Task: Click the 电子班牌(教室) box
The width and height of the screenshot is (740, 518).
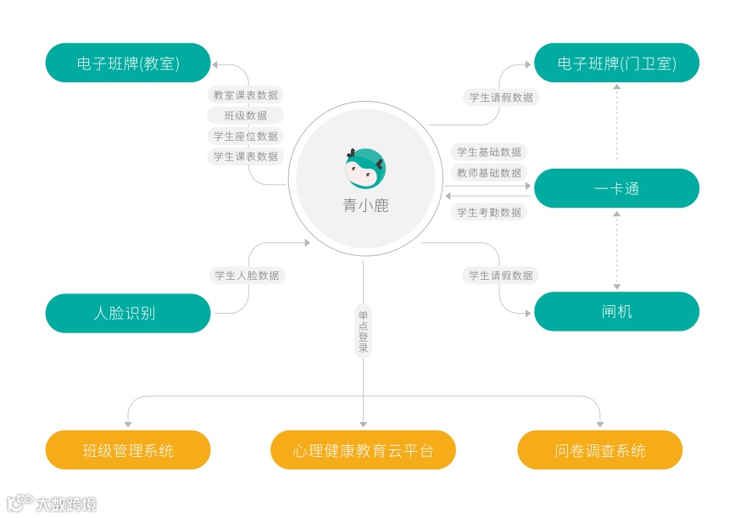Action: (128, 63)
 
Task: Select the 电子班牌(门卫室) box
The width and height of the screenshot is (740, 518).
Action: (616, 63)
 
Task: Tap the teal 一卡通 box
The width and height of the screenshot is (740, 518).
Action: (616, 188)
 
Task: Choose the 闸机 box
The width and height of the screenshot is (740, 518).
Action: (616, 311)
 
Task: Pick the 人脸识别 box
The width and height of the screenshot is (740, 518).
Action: (128, 313)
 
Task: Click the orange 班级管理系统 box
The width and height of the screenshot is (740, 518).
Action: (128, 450)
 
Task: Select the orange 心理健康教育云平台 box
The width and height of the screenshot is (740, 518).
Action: (363, 450)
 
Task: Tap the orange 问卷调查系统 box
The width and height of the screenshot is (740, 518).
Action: (600, 450)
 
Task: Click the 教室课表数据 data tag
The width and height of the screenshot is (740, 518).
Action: (246, 95)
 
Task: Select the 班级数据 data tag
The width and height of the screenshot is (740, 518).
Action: (246, 115)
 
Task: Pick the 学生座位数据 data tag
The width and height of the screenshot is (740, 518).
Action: (246, 136)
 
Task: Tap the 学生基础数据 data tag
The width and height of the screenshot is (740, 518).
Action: (489, 152)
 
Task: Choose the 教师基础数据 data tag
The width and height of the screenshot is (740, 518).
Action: (489, 172)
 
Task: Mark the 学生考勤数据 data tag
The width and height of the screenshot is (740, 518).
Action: (489, 212)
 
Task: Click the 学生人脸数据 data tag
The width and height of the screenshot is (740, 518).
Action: (247, 275)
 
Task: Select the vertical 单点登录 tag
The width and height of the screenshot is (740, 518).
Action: (363, 331)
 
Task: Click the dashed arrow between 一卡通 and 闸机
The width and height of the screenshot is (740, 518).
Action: (616, 250)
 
